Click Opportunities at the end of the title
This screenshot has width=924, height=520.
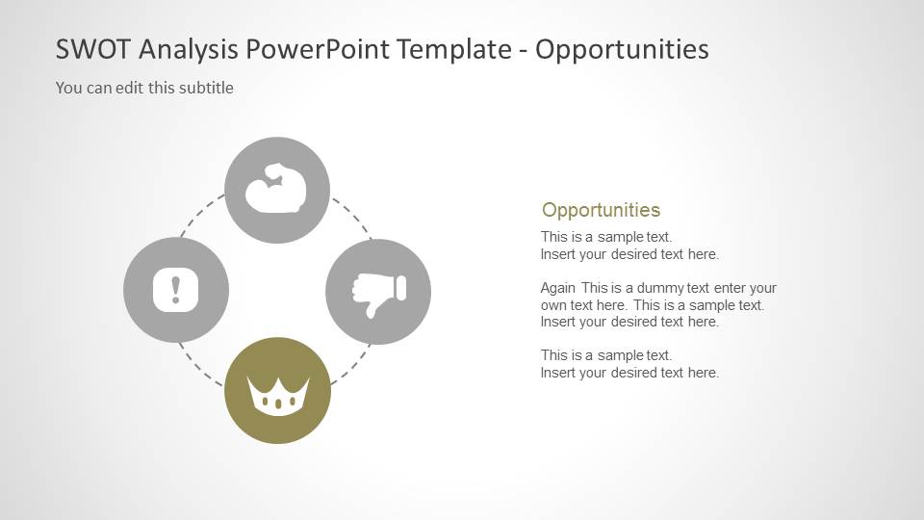click(622, 49)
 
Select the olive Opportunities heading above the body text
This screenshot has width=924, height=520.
click(601, 210)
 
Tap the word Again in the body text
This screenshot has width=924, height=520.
click(558, 288)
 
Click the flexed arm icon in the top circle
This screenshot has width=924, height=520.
click(277, 190)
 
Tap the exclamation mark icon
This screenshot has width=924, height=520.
click(176, 289)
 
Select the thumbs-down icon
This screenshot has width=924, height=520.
click(378, 292)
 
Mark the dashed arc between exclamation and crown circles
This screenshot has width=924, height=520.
click(200, 364)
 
